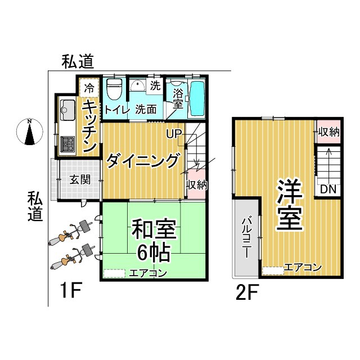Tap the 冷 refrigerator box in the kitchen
tap(89, 87)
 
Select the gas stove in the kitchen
tap(67, 143)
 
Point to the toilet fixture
tap(115, 88)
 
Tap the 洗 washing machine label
tap(155, 86)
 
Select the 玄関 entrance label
tap(78, 181)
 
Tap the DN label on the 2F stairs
tap(327, 190)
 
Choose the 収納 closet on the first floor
tap(195, 184)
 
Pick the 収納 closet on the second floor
tap(328, 132)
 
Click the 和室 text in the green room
tap(154, 230)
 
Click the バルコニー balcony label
tap(246, 237)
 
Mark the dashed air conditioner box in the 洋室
tap(273, 270)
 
